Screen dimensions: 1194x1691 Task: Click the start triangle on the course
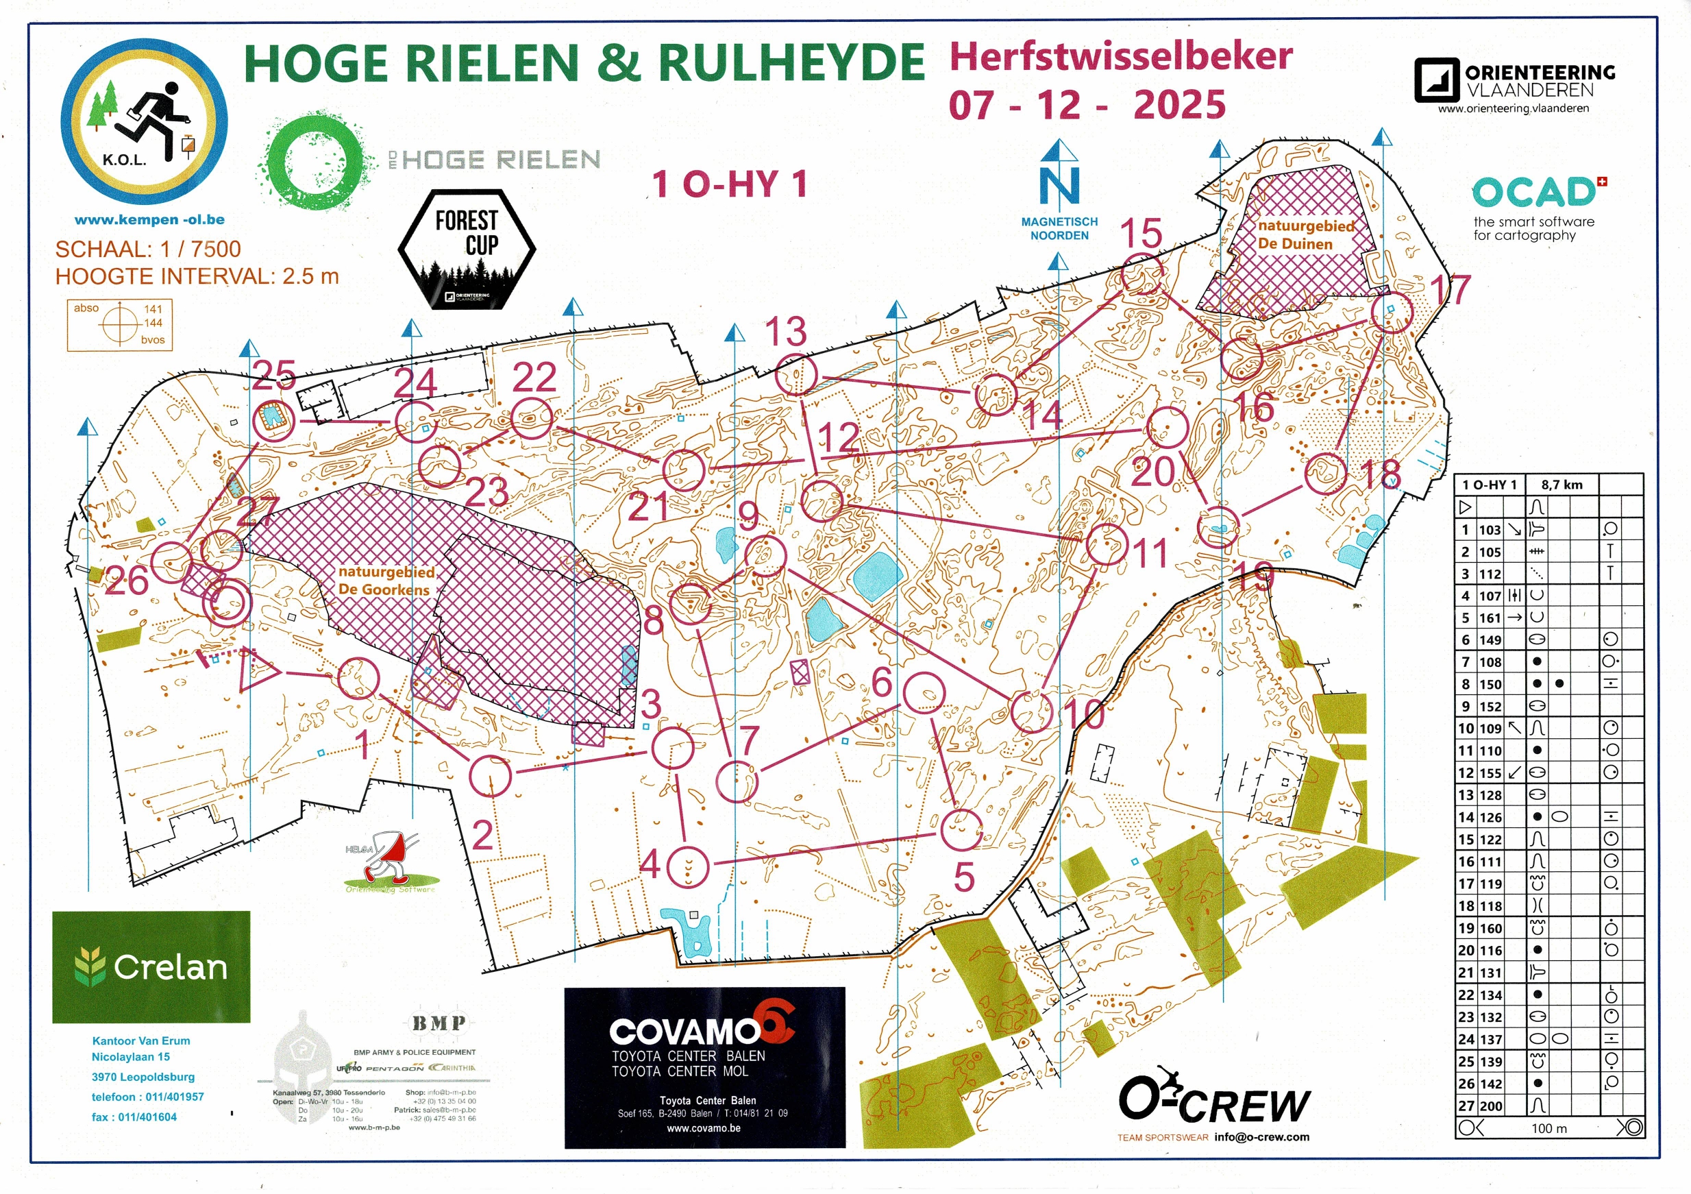(x=257, y=670)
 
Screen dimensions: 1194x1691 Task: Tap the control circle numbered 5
(x=961, y=829)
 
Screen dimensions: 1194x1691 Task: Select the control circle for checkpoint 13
(x=797, y=374)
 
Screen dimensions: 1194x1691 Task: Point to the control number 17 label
(x=1449, y=290)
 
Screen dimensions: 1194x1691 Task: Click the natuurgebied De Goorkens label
(x=385, y=581)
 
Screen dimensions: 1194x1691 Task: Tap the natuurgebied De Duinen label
(x=1305, y=235)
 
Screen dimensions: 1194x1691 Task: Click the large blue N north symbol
(x=1059, y=186)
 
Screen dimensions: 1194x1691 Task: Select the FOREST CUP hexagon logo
(x=467, y=249)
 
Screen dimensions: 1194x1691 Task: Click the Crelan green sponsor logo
(x=151, y=966)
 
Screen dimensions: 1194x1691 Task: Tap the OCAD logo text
(x=1533, y=194)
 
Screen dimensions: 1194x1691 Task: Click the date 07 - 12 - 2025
(x=1087, y=105)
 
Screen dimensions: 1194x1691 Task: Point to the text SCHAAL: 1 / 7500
(x=148, y=249)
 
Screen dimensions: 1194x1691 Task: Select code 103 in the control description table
(x=1490, y=530)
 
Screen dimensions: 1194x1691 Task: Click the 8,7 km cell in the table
(x=1562, y=485)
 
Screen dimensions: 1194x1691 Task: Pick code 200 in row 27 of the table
(x=1492, y=1106)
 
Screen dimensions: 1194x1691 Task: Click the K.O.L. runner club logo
(x=145, y=121)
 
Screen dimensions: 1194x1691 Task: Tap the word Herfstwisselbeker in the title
(x=1121, y=57)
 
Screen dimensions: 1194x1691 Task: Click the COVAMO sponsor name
(x=685, y=1032)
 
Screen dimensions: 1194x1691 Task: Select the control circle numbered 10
(x=1031, y=711)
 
